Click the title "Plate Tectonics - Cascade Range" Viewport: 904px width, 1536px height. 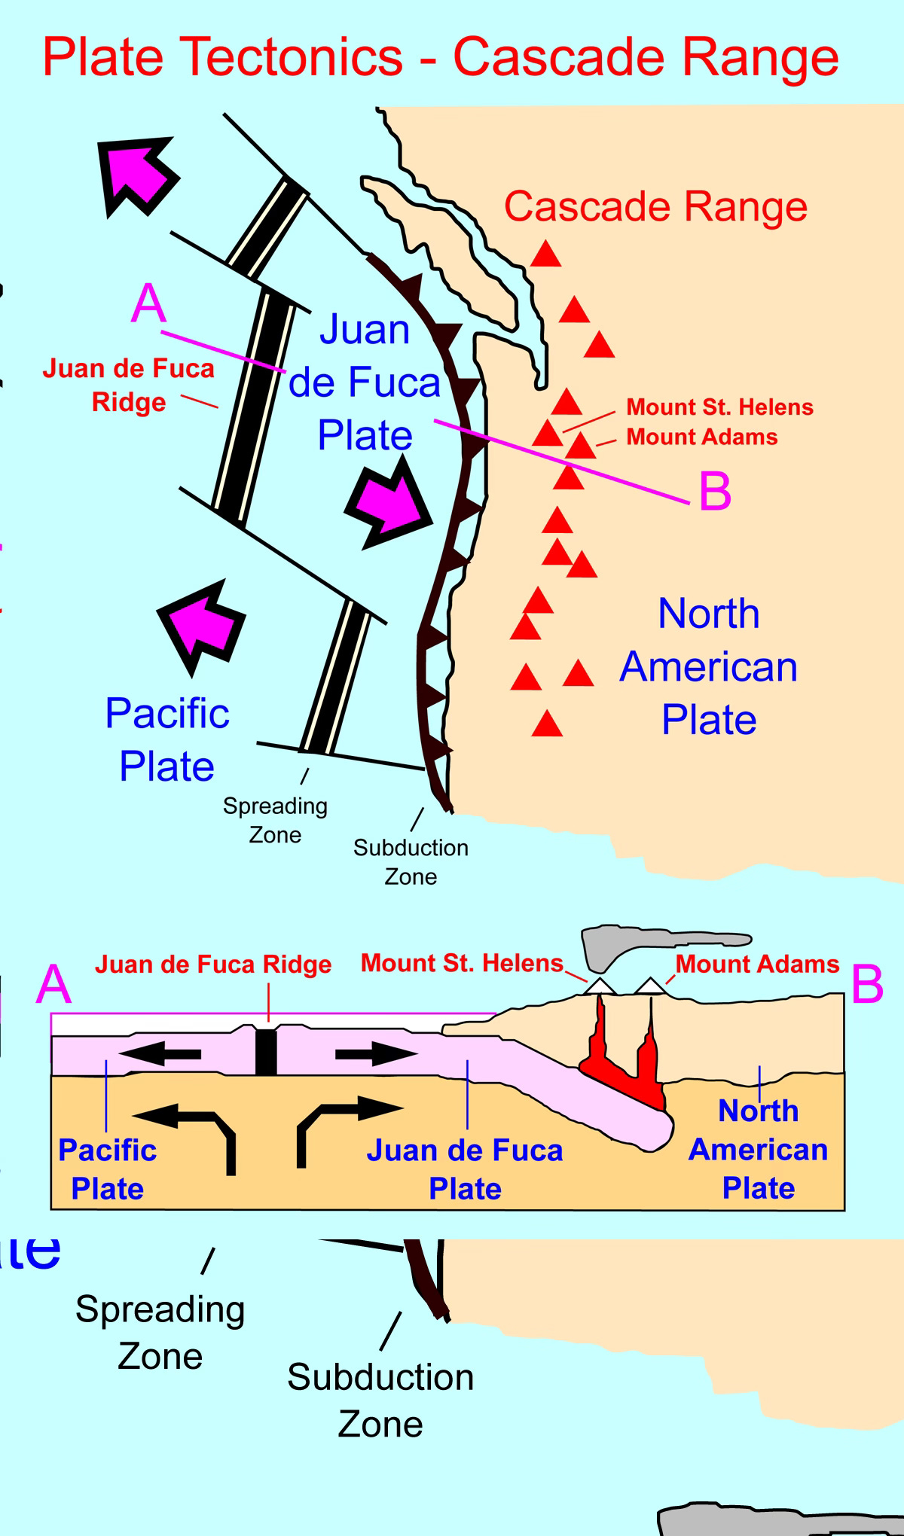point(441,57)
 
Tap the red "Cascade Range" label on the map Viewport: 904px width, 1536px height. point(655,206)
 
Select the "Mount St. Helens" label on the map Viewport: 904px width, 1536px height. point(719,407)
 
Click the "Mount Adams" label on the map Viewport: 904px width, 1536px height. point(702,437)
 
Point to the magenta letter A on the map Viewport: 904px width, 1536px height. point(148,304)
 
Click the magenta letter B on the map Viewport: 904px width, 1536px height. point(715,492)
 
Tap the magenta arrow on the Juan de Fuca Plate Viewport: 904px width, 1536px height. point(389,502)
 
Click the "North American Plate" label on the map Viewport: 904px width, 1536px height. point(709,667)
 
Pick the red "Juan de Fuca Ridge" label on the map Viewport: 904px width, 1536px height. point(128,385)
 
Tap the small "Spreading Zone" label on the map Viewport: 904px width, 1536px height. point(275,820)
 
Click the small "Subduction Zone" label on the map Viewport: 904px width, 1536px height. point(411,862)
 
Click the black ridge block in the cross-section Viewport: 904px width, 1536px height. point(266,1051)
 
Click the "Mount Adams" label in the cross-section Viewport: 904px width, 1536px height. point(757,965)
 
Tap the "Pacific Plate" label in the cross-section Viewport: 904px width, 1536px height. point(107,1169)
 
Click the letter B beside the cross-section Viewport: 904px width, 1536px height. point(867,985)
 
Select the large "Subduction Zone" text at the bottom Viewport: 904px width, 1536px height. point(380,1400)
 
